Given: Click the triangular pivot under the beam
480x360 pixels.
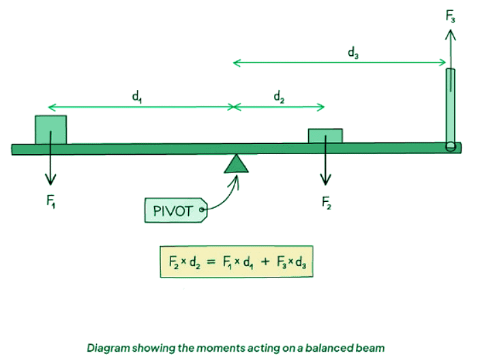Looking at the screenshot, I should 237,164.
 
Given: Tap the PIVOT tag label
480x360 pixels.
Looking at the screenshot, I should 175,210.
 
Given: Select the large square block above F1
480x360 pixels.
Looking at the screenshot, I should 50,130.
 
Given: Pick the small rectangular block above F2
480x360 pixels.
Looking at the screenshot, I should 325,136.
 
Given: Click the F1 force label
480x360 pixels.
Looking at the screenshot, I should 50,203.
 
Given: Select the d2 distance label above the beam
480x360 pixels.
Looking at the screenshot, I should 280,97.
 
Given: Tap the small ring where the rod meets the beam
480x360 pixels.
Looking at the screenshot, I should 450,147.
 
